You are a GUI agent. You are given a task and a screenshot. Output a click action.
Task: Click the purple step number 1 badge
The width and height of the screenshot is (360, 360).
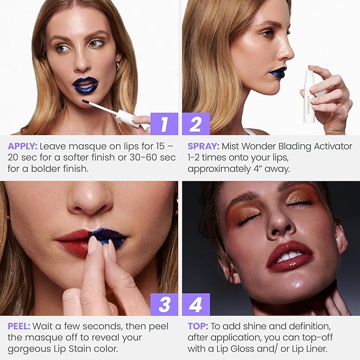[164, 124]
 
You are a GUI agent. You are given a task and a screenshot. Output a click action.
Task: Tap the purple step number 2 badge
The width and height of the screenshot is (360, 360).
[196, 124]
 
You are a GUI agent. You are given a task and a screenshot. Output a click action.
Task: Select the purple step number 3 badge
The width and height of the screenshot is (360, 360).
[164, 305]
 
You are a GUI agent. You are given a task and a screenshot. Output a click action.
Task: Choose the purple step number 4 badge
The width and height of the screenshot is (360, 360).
[196, 305]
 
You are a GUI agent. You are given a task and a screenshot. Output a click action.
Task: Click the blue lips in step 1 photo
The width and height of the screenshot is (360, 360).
[85, 85]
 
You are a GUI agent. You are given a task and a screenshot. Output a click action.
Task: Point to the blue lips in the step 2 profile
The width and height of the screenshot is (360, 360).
[277, 73]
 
